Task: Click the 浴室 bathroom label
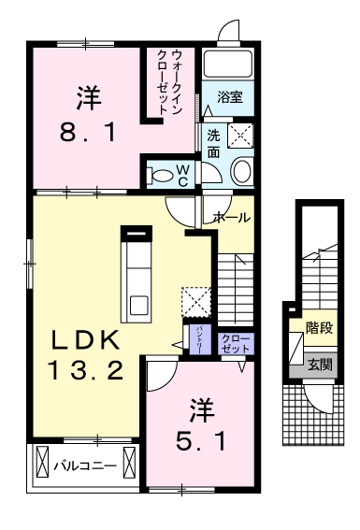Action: [230, 96]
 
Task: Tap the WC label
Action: [183, 174]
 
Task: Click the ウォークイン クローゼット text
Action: [170, 82]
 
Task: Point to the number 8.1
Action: [89, 133]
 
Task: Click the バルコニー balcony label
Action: [83, 464]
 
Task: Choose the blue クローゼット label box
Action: [232, 342]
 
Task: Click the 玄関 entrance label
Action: [319, 365]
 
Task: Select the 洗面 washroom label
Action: [214, 141]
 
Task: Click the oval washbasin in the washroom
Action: [241, 170]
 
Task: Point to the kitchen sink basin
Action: [138, 305]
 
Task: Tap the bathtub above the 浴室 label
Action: [230, 64]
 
